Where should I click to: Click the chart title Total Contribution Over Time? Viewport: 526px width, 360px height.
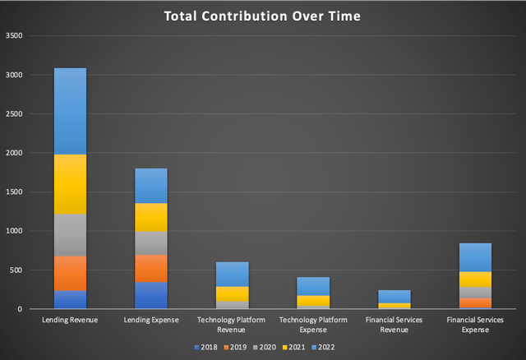[263, 16]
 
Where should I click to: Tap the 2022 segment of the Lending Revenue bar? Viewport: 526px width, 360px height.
[70, 111]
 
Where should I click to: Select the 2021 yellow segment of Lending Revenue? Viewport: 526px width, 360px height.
[70, 184]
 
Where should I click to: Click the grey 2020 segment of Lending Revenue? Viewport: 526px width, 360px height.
[70, 235]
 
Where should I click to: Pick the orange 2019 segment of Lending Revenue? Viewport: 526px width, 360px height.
[70, 273]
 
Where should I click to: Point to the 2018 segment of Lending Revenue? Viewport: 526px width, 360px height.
[70, 299]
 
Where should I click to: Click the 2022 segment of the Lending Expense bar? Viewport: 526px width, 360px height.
[151, 186]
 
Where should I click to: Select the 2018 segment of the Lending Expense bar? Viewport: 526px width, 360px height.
[151, 295]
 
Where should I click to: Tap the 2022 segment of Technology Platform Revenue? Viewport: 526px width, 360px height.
[233, 274]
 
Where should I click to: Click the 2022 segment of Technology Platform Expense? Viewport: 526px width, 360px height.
[313, 286]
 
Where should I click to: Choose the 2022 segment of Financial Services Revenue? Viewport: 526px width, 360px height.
[394, 296]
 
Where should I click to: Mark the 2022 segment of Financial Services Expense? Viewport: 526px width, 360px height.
[476, 257]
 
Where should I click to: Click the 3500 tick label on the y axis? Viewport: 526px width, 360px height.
[14, 36]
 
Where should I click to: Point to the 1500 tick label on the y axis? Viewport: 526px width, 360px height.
[14, 192]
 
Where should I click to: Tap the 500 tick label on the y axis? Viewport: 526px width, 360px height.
[16, 270]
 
